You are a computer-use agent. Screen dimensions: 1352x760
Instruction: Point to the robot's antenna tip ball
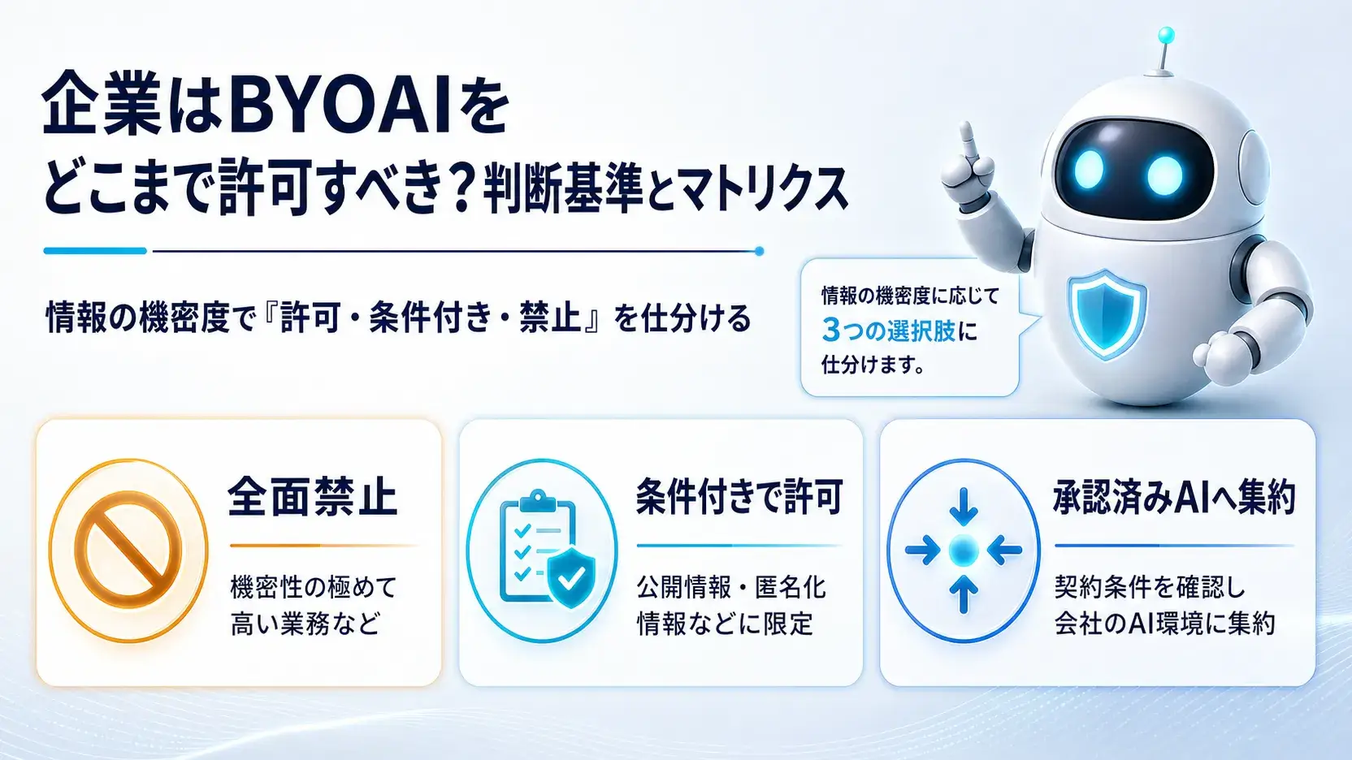1167,35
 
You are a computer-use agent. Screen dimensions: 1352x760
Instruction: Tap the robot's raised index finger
968,139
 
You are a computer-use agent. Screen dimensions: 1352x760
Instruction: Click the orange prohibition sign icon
128,550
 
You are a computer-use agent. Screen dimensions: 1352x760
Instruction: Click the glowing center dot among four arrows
964,550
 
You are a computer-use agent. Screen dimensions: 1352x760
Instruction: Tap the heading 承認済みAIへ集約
1175,498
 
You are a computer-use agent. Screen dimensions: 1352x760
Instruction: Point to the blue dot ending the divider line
760,251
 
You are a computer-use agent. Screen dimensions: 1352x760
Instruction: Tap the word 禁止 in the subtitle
548,317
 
